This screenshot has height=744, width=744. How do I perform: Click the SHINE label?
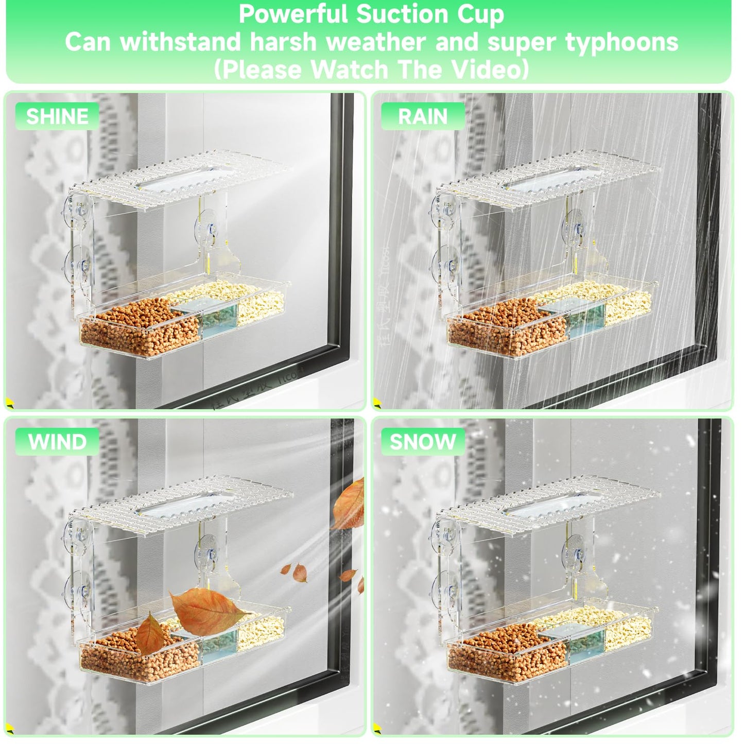[x=57, y=116]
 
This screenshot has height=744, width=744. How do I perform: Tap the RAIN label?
[x=423, y=116]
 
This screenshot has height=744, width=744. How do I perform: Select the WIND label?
[x=57, y=442]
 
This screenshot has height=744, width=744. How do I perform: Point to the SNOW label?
[x=423, y=442]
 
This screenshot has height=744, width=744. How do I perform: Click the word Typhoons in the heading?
[x=621, y=42]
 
